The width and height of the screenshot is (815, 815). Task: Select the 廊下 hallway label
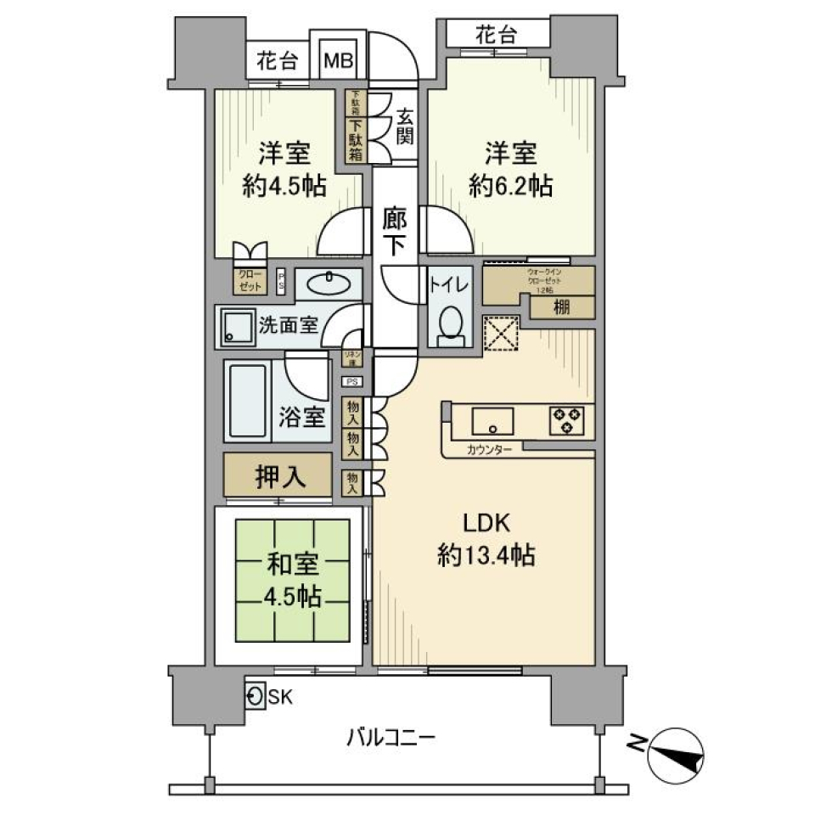tap(395, 230)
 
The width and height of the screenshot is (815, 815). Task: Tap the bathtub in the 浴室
tap(248, 400)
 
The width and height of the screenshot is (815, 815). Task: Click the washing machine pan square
tap(236, 328)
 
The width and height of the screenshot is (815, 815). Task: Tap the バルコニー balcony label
tap(391, 736)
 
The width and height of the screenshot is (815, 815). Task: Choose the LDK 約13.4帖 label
tap(486, 541)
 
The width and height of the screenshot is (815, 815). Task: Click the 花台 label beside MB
tap(277, 62)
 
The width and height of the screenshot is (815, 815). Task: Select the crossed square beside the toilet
tap(500, 333)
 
